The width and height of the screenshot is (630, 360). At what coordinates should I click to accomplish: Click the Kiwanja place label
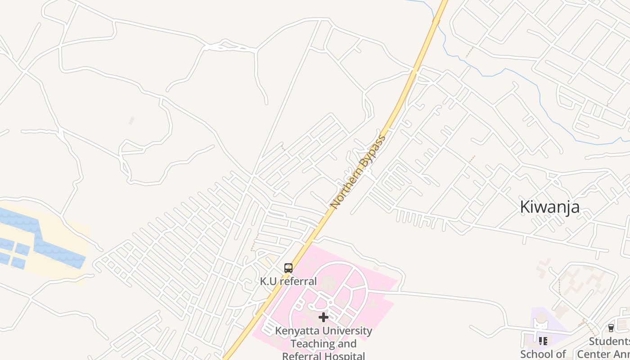tap(549, 207)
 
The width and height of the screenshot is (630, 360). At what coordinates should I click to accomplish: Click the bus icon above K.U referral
tap(288, 268)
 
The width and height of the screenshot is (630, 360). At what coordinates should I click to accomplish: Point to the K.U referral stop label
tap(288, 281)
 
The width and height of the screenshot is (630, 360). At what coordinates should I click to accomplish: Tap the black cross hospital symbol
tap(324, 317)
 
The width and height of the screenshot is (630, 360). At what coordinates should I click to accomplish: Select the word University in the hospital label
tap(349, 331)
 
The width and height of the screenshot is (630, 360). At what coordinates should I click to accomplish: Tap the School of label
tap(543, 354)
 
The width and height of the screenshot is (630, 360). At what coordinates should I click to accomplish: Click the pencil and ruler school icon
tap(543, 341)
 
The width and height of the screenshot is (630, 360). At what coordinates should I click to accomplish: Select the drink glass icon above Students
tap(611, 328)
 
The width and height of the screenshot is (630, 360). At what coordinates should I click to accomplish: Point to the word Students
tap(608, 341)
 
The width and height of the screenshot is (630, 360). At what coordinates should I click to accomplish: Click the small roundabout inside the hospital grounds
tap(330, 302)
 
